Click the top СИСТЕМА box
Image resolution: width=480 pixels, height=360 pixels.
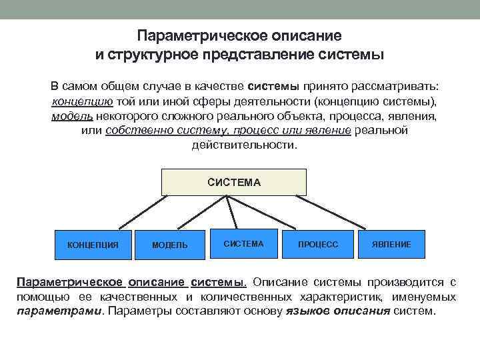click(234, 182)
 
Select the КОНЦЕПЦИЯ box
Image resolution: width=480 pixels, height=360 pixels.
click(93, 245)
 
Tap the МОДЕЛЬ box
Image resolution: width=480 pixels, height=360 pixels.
click(170, 245)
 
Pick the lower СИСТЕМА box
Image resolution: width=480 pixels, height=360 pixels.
click(243, 244)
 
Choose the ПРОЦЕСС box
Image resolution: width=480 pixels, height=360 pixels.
click(318, 245)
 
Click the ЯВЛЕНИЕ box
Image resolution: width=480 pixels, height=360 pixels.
click(391, 245)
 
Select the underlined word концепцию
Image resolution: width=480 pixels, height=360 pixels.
click(82, 101)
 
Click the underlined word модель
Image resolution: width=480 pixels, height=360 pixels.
click(67, 116)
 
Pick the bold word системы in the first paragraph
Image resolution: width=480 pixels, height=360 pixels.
click(273, 87)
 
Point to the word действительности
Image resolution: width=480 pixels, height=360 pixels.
click(244, 145)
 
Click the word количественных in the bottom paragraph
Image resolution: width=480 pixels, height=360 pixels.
click(245, 296)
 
